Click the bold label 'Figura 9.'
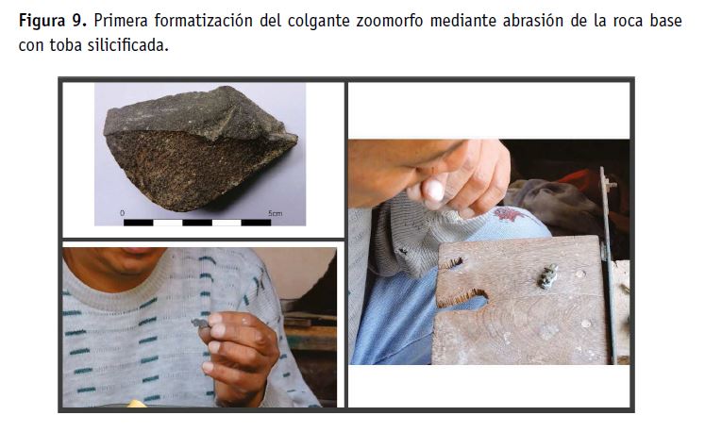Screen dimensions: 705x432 53,21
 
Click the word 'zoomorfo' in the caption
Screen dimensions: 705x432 390,21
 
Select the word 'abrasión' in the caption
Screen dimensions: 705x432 533,21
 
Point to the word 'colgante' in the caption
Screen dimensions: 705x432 318,21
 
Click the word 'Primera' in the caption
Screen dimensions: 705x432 121,21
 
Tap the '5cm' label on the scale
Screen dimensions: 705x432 276,213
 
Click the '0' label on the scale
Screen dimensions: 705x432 123,213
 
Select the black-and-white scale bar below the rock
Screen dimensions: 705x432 197,223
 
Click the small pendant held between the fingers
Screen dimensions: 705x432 200,324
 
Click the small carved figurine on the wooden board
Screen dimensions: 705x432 547,276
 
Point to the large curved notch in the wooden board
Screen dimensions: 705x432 463,298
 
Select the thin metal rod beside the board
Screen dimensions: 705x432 609,265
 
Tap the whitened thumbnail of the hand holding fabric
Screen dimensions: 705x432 435,190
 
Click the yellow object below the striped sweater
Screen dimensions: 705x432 136,404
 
